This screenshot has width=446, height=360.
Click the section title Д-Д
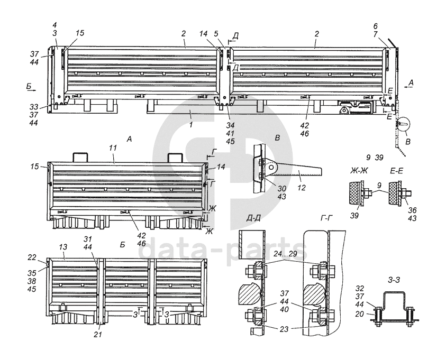click(253, 218)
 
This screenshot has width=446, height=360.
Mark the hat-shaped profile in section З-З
click(395, 300)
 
